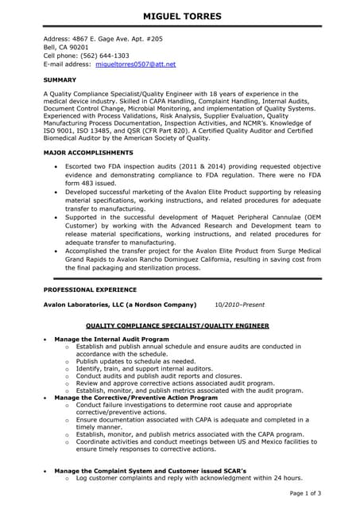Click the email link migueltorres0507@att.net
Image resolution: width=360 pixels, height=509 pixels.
(135, 64)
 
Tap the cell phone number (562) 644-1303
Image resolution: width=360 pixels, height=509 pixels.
(104, 56)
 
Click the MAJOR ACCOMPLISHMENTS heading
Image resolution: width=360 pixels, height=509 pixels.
(88, 152)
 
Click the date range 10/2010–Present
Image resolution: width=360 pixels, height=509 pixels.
(240, 305)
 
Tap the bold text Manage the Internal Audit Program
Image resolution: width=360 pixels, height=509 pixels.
(110, 340)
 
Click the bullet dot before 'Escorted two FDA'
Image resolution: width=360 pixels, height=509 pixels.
(55, 168)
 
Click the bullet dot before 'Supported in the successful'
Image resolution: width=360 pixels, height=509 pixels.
(55, 216)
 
